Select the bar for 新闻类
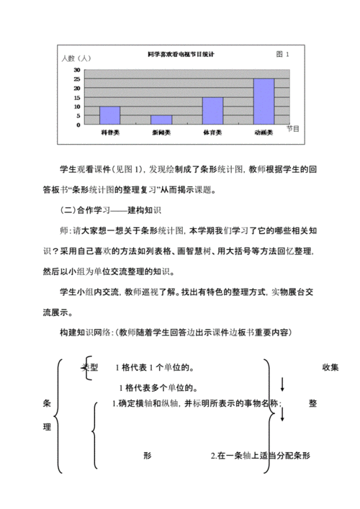coord(161,119)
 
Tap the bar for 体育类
coord(212,110)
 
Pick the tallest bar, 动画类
coord(264,101)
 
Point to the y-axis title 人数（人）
coord(75,58)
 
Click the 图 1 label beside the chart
coord(283,54)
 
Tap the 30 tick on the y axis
coord(77,70)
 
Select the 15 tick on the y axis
coord(77,97)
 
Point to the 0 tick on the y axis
coord(79,125)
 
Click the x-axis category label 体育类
coord(212,132)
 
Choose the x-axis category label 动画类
coord(264,132)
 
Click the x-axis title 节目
coord(292,128)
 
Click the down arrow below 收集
coord(282,384)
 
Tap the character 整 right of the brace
coord(312,403)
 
